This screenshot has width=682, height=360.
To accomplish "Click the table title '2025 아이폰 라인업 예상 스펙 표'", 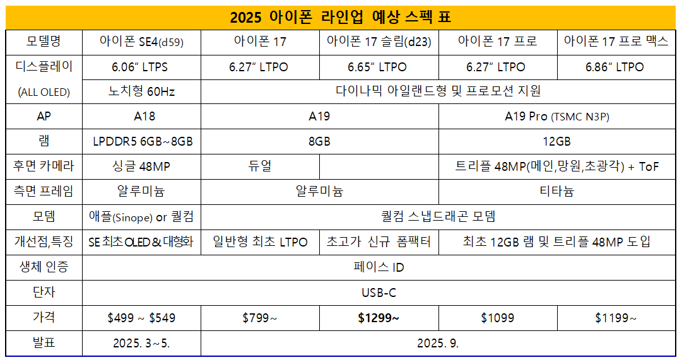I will [341, 17].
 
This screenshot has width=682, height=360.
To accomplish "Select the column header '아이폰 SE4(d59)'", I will [141, 42].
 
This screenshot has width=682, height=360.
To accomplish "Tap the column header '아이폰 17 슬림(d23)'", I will [379, 42].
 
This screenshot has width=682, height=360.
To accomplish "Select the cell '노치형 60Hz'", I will [141, 91].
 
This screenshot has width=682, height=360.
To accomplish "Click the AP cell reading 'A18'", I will [141, 117].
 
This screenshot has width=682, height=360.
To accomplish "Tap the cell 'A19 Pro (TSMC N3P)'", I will [556, 117].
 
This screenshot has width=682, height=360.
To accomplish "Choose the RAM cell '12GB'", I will [556, 141].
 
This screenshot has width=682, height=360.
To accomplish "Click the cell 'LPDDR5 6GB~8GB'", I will [141, 141].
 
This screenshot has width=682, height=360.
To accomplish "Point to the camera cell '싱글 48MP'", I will [141, 166].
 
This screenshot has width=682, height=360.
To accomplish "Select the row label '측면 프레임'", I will [44, 191].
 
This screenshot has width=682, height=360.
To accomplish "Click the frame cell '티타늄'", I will [556, 191].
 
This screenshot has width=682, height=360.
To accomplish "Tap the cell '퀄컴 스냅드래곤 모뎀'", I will [438, 216].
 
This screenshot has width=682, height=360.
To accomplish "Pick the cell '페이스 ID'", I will [379, 267].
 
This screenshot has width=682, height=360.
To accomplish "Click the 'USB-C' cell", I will [379, 293].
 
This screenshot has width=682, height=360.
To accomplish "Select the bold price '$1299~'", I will [379, 318].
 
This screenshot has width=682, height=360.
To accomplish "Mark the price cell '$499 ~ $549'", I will [141, 318].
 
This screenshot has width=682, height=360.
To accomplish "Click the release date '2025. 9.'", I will [438, 344].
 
